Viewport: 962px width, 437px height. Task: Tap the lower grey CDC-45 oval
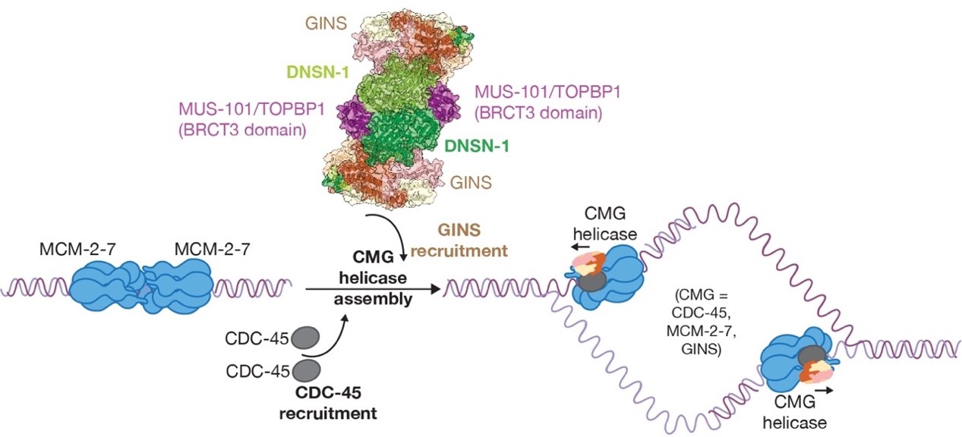click(x=307, y=371)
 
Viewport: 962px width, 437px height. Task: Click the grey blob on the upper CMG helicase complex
click(x=593, y=281)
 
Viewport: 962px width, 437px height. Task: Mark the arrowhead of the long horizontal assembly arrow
click(x=436, y=289)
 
